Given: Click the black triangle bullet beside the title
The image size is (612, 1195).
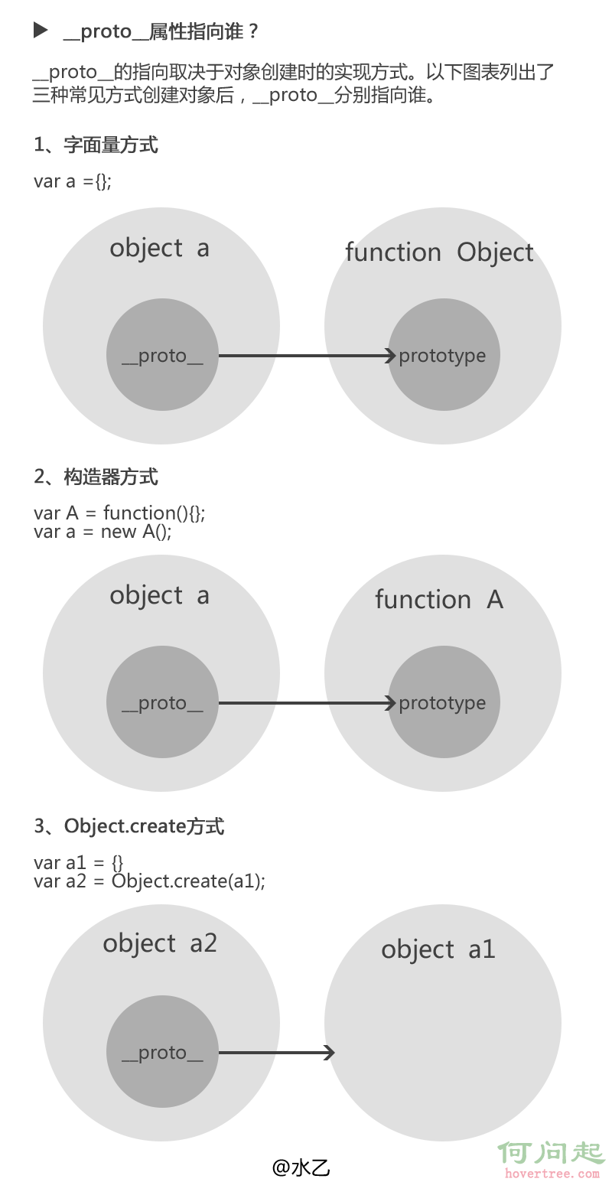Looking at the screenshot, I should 41,31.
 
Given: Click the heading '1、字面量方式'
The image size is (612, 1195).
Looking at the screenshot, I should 96,145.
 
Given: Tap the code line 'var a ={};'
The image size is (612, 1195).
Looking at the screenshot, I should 73,181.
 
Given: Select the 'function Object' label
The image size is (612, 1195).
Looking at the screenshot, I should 439,252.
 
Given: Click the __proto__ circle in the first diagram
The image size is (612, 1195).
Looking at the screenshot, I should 162,355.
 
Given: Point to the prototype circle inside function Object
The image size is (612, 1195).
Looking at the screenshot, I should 444,355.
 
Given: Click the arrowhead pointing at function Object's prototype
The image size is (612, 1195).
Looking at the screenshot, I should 390,355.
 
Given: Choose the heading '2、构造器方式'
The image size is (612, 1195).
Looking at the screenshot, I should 96,477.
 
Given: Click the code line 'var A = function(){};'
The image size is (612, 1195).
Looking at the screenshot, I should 119,513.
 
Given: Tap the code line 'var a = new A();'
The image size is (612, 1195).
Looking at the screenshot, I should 103,532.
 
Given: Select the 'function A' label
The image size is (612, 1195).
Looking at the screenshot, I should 439,600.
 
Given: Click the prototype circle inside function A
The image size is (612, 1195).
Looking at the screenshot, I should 444,702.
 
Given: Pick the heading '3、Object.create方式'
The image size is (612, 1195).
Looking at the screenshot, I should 129,826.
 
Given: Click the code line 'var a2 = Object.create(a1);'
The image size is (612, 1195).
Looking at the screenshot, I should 149,881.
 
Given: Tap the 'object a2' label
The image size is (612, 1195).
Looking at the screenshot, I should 160,943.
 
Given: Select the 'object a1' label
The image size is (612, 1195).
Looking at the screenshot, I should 438,949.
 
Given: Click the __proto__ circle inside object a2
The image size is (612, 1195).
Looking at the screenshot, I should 162,1052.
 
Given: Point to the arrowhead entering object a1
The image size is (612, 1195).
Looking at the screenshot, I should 329,1053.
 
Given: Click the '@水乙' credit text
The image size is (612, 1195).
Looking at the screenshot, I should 301,1167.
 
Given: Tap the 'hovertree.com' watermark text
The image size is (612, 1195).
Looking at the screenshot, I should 551,1174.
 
